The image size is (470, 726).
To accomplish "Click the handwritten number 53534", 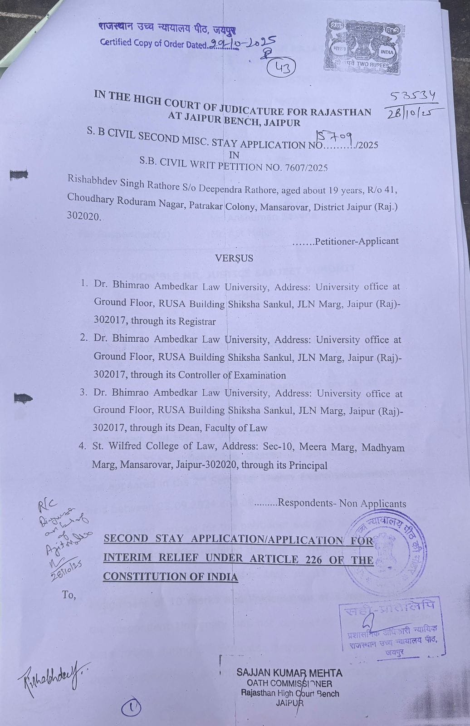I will click(x=413, y=96).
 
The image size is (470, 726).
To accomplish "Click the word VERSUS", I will click(x=234, y=258).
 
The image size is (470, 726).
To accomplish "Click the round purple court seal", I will click(x=386, y=547).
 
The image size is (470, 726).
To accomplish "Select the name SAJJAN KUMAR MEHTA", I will click(x=289, y=673).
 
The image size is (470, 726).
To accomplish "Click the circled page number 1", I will click(x=132, y=707).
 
